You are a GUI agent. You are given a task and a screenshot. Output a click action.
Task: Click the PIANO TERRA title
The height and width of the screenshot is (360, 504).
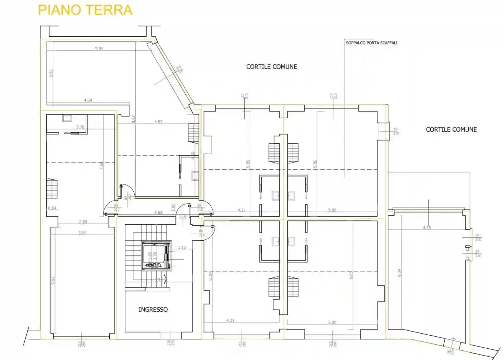pos(85,10)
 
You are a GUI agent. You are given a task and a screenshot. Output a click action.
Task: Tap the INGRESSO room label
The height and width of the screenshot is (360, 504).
pos(153,310)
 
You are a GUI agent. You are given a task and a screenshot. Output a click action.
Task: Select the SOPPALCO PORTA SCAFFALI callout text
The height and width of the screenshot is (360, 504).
pos(371,43)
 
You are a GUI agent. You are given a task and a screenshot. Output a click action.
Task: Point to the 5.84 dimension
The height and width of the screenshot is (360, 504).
pos(99,49)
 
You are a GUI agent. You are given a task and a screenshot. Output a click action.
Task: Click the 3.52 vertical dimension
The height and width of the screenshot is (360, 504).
pos(51,73)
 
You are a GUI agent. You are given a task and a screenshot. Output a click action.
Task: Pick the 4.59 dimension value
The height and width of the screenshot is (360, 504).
pos(88,100)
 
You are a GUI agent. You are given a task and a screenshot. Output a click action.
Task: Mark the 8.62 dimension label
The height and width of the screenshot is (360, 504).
pos(134,119)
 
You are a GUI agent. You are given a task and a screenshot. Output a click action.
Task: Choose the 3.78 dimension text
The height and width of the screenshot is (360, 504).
pos(80,127)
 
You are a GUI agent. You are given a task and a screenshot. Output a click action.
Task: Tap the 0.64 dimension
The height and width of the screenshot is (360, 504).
pos(52,208)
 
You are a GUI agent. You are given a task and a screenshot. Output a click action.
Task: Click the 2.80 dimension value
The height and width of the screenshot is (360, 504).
pos(83,222)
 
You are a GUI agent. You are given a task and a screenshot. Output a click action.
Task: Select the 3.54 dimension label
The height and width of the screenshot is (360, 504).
pos(82,233)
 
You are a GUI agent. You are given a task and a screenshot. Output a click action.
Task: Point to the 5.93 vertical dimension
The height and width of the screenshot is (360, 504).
pos(53,280)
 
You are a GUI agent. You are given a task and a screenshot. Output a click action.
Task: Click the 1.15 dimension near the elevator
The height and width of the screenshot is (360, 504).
pos(182,248)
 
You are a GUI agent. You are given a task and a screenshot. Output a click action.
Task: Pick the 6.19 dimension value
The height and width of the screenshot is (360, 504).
pos(211,276)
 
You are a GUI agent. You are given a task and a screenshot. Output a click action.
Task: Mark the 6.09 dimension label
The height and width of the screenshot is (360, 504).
pos(351,275)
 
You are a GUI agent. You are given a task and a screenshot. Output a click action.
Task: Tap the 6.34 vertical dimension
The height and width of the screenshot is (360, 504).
pos(399,273)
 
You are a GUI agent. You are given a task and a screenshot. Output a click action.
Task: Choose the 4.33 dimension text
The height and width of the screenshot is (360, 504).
pos(427,228)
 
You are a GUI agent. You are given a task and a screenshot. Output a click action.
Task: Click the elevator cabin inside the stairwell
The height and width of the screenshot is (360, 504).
pos(156,255)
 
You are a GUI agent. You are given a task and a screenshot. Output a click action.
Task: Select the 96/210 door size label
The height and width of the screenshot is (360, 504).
pos(396,131)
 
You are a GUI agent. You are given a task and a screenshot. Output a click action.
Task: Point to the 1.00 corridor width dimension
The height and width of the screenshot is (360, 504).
pos(173,207)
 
